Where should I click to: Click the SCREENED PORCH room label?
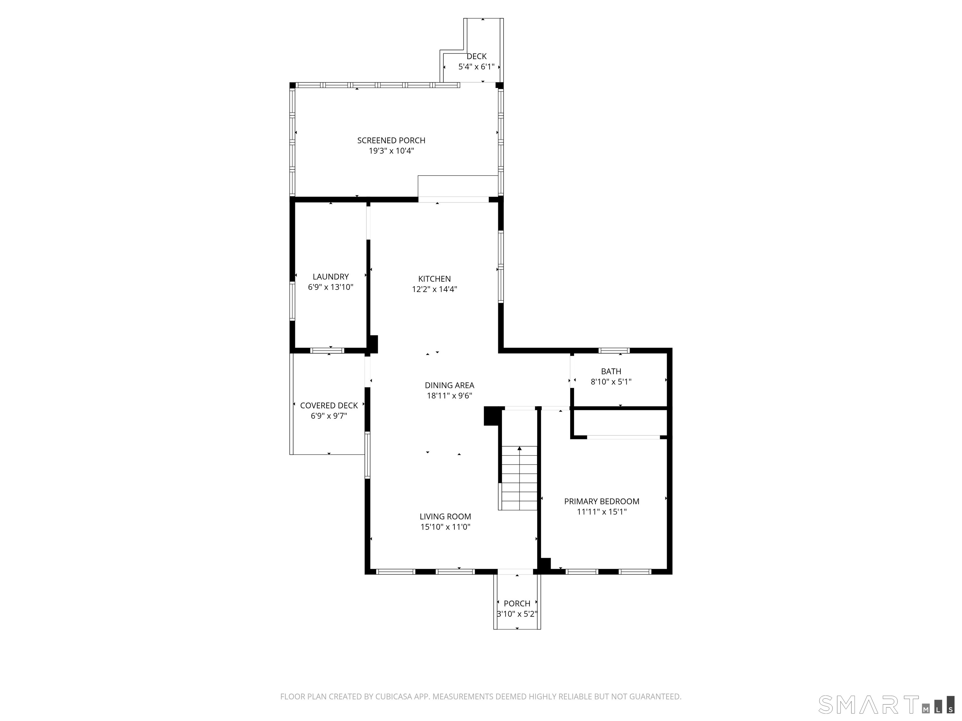click(x=391, y=141)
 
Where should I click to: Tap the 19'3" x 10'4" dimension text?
click(x=391, y=151)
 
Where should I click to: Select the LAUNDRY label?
click(x=330, y=276)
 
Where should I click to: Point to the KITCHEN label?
click(x=434, y=279)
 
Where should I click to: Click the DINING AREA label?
click(x=449, y=385)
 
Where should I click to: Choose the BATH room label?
click(x=611, y=371)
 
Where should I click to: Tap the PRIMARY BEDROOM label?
click(x=602, y=501)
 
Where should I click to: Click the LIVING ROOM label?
click(x=445, y=516)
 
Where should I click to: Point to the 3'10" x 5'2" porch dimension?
click(x=517, y=614)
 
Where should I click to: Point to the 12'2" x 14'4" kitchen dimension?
click(x=434, y=289)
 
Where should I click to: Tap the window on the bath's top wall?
click(x=614, y=350)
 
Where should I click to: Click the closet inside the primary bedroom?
click(x=619, y=422)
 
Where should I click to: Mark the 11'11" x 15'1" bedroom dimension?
click(x=602, y=512)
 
